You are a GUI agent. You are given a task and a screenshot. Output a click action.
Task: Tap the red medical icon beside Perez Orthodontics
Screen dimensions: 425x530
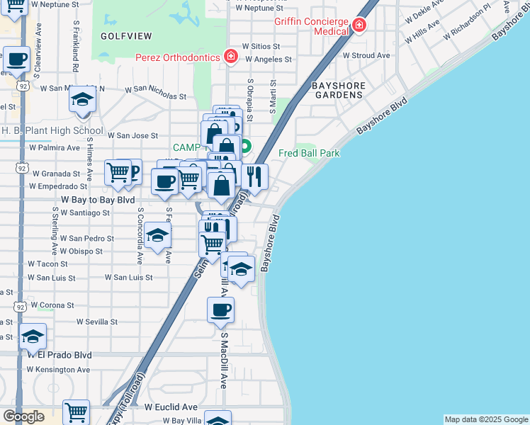230,56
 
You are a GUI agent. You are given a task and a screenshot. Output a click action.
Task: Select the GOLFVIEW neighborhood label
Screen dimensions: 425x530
123,35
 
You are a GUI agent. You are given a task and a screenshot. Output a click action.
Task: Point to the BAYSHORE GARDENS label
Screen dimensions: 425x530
339,90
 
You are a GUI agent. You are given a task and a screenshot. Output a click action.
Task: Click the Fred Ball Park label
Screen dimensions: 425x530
309,153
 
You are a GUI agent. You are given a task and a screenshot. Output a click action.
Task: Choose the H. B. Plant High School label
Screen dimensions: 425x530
52,131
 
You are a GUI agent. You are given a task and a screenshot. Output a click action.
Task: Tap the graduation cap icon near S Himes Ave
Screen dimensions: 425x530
83,100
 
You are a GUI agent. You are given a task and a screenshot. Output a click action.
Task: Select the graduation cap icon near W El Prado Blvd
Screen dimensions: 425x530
33,337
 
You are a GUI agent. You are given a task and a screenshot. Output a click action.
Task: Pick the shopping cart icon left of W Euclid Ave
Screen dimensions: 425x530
76,412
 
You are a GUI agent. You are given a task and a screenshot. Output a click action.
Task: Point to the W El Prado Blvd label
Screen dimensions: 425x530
60,355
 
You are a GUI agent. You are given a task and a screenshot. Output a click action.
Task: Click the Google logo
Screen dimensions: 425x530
23,416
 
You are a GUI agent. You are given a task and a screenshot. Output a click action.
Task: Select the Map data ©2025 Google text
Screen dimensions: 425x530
486,419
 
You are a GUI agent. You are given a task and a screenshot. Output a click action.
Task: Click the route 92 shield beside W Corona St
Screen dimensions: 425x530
19,307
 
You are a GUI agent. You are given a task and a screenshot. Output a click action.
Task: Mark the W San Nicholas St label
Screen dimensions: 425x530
156,91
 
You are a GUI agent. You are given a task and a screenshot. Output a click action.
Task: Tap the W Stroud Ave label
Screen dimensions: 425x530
366,55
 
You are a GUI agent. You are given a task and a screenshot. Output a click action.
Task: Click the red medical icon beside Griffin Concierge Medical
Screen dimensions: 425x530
359,26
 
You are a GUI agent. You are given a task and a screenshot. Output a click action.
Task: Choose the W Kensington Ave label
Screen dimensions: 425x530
60,370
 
